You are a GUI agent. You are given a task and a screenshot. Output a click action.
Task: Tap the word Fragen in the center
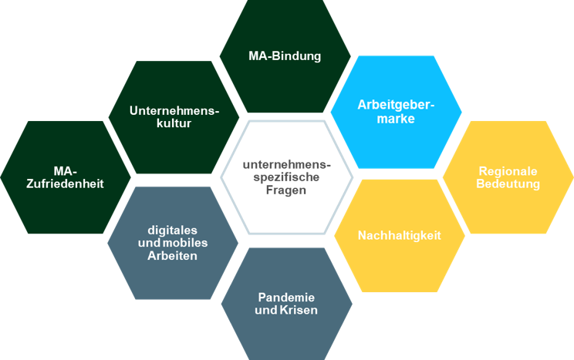[286, 190]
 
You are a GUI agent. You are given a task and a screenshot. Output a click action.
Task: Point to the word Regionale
[508, 170]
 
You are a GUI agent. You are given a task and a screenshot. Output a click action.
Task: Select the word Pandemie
[286, 297]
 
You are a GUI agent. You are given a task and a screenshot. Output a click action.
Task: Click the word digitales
[172, 230]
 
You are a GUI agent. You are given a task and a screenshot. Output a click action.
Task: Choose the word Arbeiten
[172, 256]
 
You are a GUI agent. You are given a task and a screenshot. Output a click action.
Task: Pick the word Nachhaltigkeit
[399, 235]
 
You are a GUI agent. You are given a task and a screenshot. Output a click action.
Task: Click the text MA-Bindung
[285, 56]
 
